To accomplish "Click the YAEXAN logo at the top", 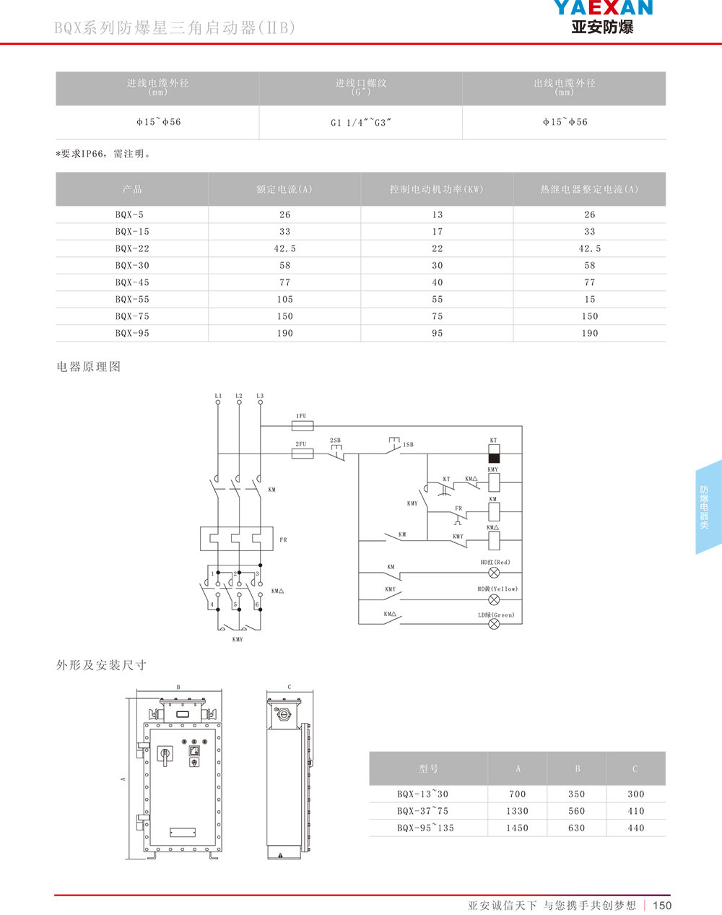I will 602,16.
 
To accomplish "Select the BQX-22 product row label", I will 132,248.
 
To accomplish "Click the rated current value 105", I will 284,299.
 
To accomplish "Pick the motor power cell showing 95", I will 437,333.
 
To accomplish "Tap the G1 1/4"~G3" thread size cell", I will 360,123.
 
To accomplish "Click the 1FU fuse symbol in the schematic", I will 301,426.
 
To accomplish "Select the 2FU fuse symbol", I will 301,454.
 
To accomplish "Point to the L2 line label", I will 239,396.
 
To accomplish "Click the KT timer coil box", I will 494,454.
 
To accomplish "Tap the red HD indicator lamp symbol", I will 495,573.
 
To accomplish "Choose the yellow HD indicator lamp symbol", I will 495,599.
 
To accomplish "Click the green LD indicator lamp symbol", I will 495,624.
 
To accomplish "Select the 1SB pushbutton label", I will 408,445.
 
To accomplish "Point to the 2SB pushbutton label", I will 335,441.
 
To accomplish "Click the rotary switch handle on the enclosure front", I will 165,755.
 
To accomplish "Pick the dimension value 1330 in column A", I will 517,811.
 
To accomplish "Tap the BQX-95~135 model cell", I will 425,828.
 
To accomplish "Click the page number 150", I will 661,905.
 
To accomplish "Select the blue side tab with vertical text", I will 707,507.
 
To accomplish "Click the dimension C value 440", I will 635,828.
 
